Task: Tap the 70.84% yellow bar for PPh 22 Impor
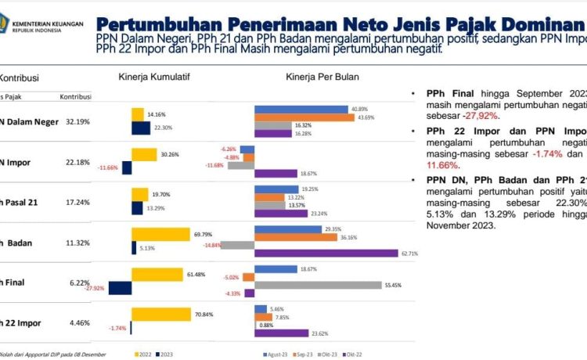[161, 314]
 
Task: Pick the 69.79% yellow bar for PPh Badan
[161, 234]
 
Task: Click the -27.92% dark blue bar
[120, 288]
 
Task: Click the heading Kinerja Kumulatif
[154, 77]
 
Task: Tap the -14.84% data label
[212, 245]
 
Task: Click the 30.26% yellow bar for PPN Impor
[145, 154]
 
